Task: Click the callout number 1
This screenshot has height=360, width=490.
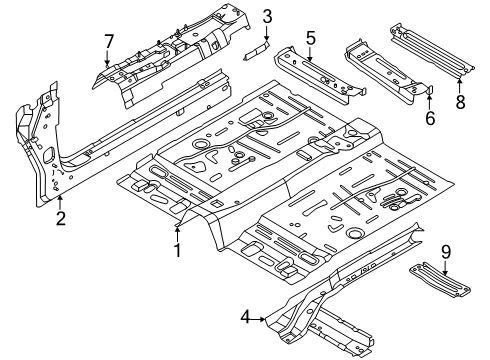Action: click(x=178, y=250)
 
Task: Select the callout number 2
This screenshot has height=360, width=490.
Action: click(x=61, y=219)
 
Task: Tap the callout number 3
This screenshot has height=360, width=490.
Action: click(x=267, y=17)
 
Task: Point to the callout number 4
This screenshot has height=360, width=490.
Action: click(x=245, y=317)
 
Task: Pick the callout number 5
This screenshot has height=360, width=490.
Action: click(x=310, y=38)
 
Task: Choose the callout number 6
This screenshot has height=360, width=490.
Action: click(x=430, y=118)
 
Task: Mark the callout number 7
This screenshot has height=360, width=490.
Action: click(x=109, y=42)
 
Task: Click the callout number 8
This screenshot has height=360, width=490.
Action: click(x=460, y=102)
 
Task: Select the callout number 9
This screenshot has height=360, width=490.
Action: click(x=446, y=252)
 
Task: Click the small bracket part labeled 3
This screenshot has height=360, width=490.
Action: click(x=256, y=51)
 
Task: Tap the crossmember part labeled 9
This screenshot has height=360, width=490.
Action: click(x=440, y=279)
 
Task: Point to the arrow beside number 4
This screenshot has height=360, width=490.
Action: click(x=258, y=319)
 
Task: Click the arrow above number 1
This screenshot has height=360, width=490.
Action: click(x=178, y=233)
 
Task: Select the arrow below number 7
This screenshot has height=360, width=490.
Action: click(x=107, y=58)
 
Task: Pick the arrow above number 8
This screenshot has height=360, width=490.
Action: click(x=460, y=85)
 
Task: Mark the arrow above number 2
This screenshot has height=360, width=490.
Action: click(x=60, y=203)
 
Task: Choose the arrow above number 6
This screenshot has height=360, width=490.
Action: click(x=429, y=102)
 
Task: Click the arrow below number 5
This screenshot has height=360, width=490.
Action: click(x=310, y=54)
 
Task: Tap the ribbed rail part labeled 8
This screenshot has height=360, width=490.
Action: click(x=432, y=51)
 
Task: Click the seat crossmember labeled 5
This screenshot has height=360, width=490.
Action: click(x=318, y=76)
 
